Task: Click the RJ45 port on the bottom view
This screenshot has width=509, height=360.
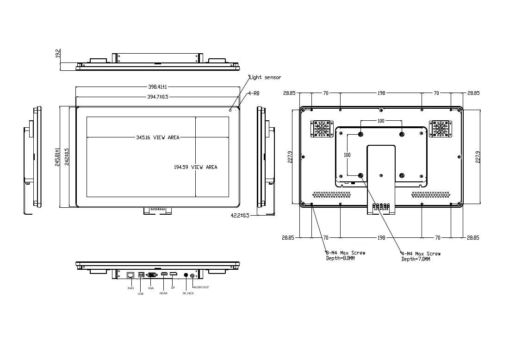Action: [x=130, y=275]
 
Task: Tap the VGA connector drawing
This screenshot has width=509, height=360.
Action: [x=152, y=275]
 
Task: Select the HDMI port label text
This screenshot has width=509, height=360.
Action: [x=163, y=293]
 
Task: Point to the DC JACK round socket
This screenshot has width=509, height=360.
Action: [x=186, y=275]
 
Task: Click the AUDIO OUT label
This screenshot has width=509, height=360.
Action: [x=201, y=287]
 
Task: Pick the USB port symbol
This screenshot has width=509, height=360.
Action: [x=141, y=274]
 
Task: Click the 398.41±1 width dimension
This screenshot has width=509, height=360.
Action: [x=157, y=87]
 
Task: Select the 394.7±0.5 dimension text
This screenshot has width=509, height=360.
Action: [x=158, y=97]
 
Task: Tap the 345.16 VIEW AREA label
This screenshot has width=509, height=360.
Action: [x=158, y=137]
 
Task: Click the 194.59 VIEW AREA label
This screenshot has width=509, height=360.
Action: [x=195, y=167]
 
